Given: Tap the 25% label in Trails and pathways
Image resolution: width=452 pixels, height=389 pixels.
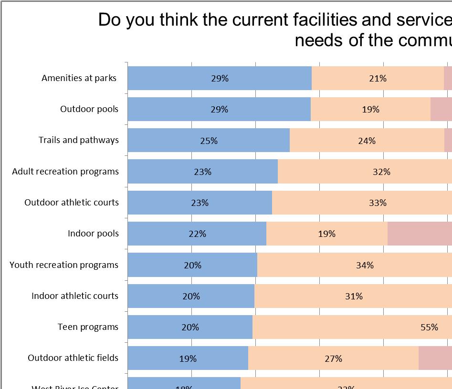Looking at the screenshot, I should pos(209,141).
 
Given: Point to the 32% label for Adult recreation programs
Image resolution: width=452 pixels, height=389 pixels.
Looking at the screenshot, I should pos(381,172).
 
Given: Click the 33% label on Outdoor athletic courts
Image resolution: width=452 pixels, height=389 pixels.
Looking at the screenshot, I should pos(378,203).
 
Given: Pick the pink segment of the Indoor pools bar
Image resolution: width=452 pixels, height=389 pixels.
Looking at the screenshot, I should pos(419,234).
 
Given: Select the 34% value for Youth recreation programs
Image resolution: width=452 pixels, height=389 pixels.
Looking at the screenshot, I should pos(365,265).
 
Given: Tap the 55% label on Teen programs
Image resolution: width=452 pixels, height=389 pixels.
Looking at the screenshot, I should pos(429,327).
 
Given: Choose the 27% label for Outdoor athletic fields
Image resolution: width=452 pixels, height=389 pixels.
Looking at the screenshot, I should pos(333,358).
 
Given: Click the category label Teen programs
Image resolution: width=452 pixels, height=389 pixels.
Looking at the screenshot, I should pos(88,327).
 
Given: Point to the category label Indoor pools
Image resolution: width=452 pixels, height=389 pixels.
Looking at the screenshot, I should pos(93,234).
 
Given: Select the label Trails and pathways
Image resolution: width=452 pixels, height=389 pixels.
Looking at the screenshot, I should pos(79,140).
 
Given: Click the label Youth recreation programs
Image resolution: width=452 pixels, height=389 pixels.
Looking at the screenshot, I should pos(64,265).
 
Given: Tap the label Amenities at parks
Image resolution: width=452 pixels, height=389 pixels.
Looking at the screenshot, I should pos(79,78).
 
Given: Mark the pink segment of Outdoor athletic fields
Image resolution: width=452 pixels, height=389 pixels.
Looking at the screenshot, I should pos(435,358).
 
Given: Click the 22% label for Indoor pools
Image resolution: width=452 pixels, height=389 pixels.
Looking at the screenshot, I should pos(197,234).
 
